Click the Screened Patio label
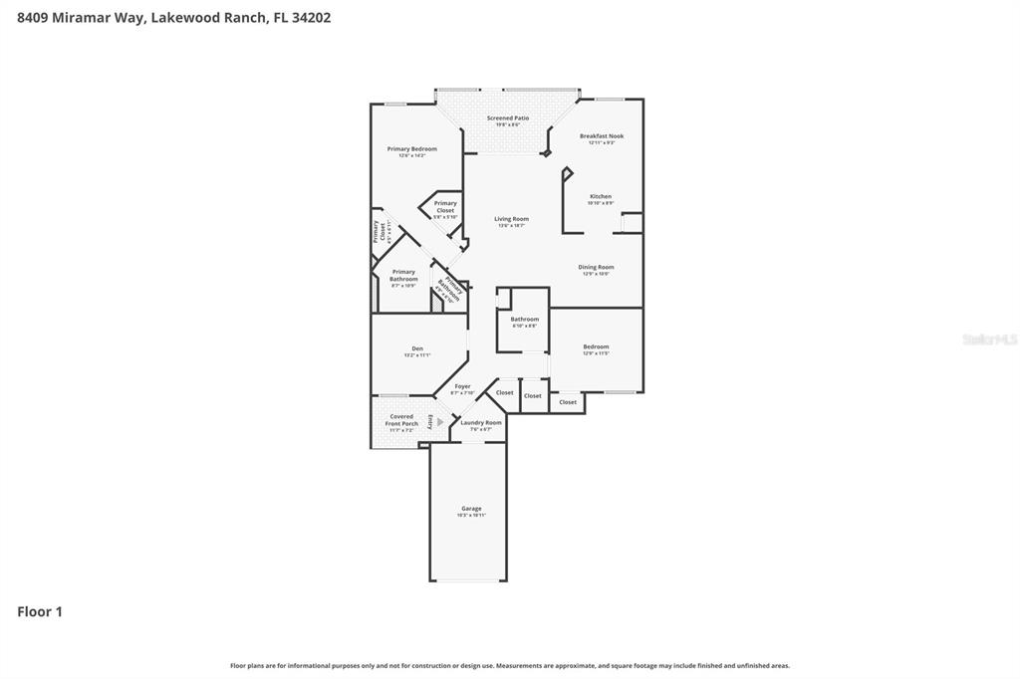(507, 118)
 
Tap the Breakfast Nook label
(602, 136)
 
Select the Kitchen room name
(601, 197)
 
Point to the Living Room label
(511, 219)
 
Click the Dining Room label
(596, 267)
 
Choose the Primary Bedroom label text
(411, 149)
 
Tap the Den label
(417, 348)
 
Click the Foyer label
(462, 386)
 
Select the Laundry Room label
(481, 422)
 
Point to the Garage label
(471, 509)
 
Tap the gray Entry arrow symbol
(439, 421)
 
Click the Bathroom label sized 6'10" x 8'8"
(524, 320)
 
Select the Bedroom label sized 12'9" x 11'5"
(596, 346)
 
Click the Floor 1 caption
(40, 612)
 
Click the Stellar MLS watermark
(989, 339)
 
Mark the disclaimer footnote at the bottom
(510, 665)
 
